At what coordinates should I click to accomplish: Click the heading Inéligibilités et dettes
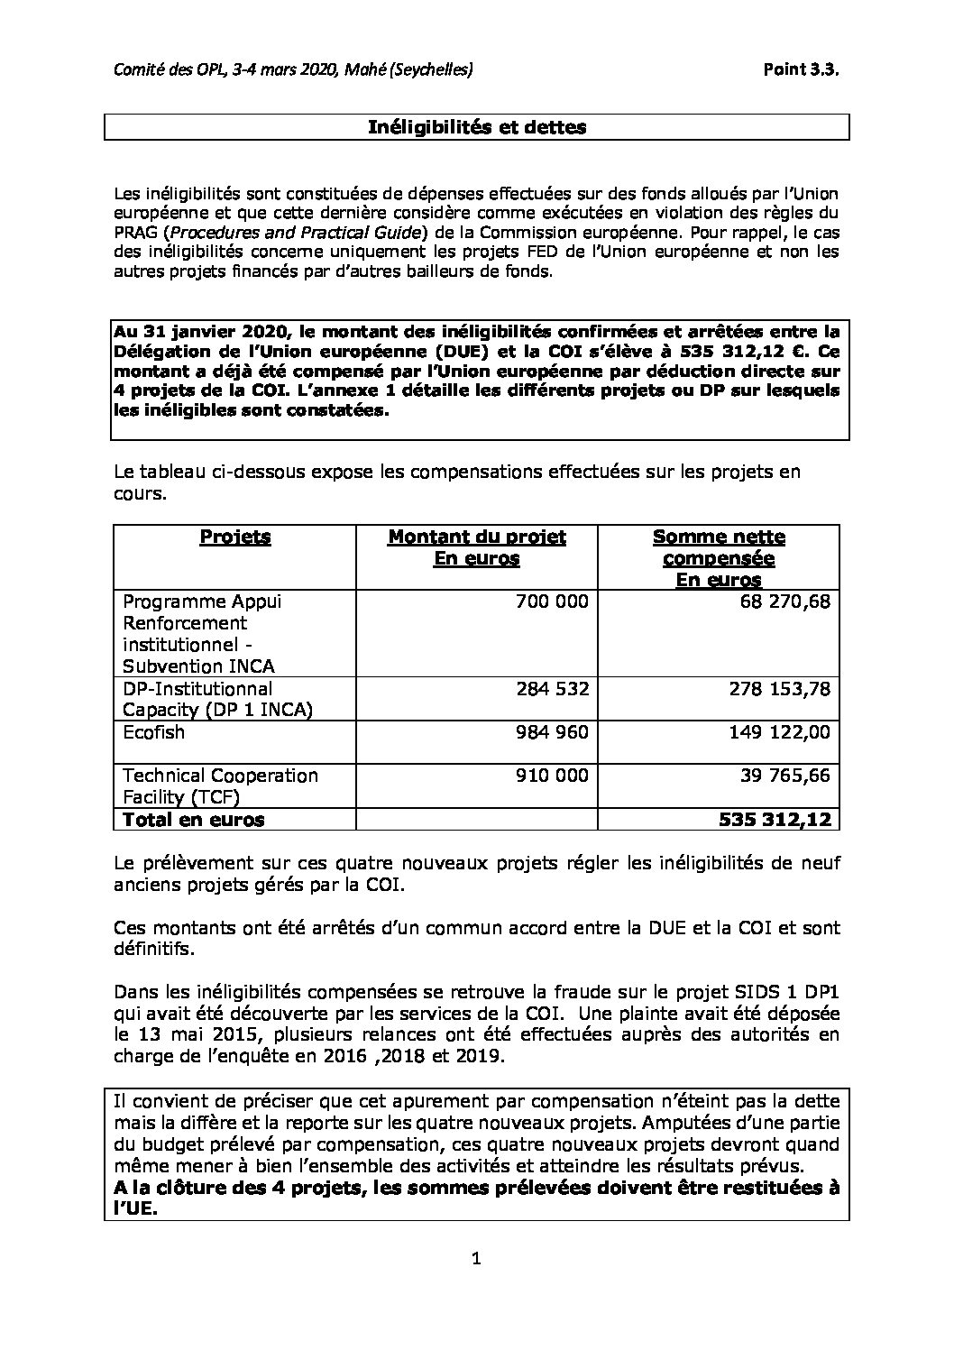click(x=477, y=127)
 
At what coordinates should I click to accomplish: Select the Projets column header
click(x=234, y=537)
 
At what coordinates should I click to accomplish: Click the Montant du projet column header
click(x=477, y=547)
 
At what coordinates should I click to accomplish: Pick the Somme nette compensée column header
click(x=719, y=558)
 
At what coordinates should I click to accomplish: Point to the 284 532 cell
click(x=553, y=689)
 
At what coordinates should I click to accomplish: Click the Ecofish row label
click(x=153, y=732)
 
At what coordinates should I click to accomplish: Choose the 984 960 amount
click(x=553, y=732)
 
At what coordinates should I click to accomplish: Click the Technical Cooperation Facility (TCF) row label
click(x=220, y=786)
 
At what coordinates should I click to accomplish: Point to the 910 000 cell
click(x=553, y=776)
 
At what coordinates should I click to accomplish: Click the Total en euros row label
click(x=194, y=820)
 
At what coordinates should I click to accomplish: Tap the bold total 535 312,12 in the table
click(x=775, y=820)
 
